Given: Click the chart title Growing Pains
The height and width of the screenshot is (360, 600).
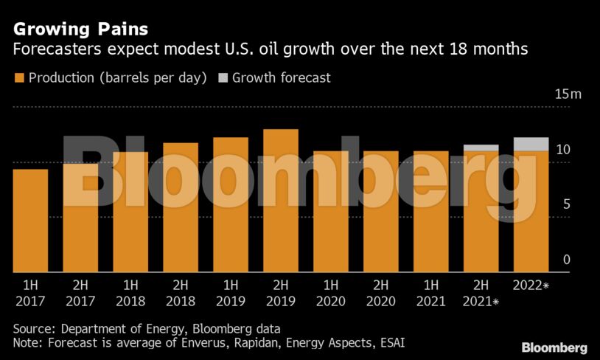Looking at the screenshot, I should click(80, 30).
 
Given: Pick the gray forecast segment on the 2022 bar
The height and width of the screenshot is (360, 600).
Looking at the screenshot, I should click(531, 144).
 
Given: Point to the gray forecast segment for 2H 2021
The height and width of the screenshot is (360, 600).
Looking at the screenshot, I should click(481, 148).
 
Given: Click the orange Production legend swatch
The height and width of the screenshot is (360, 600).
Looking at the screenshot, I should click(18, 77).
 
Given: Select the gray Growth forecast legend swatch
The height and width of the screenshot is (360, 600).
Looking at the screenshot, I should click(223, 77).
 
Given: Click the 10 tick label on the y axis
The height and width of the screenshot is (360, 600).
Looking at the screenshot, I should click(563, 150).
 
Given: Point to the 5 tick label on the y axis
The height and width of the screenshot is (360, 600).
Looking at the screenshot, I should click(567, 204).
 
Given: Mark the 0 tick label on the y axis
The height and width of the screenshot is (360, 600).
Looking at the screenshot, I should click(567, 260).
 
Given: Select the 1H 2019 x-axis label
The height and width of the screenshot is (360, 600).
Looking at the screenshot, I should click(231, 293).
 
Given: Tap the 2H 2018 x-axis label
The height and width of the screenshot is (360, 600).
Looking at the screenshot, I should click(181, 293).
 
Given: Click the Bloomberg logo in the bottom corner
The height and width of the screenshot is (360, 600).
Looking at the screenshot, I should click(554, 347).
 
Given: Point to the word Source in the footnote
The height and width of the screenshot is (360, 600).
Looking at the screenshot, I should click(35, 328).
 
